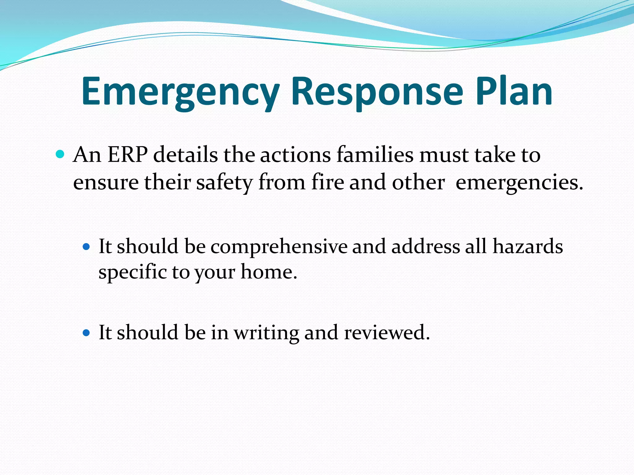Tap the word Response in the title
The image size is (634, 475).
377,92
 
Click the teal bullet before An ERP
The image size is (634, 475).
60,154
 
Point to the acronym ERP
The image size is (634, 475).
128,155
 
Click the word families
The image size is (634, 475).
375,155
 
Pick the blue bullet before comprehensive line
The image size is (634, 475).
86,247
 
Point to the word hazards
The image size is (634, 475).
528,246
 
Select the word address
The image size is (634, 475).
426,246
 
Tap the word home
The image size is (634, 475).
269,272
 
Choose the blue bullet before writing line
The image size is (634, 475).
86,333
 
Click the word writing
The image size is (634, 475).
266,333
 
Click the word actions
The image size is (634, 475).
295,155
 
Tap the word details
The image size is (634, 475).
185,155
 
